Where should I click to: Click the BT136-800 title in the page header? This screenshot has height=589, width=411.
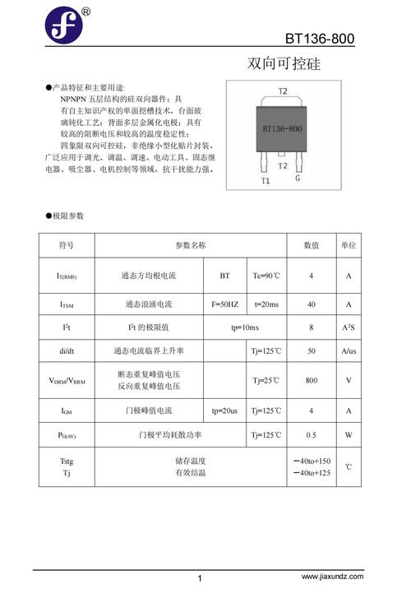pyautogui.click(x=320, y=39)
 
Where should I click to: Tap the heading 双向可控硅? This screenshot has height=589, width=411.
pyautogui.click(x=284, y=64)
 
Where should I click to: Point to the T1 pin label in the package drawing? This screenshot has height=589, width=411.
pyautogui.click(x=266, y=179)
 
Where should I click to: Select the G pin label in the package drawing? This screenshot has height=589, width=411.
pyautogui.click(x=298, y=178)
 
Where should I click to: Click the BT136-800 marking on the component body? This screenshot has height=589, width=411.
pyautogui.click(x=282, y=129)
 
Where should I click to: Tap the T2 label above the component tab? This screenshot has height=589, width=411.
pyautogui.click(x=283, y=90)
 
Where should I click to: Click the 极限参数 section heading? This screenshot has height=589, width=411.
pyautogui.click(x=68, y=216)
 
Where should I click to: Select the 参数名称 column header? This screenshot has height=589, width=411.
pyautogui.click(x=191, y=245)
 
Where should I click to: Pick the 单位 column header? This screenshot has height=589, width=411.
pyautogui.click(x=349, y=245)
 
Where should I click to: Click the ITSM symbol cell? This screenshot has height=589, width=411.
pyautogui.click(x=67, y=304)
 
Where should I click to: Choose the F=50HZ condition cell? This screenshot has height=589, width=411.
pyautogui.click(x=224, y=304)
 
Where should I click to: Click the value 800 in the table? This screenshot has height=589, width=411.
pyautogui.click(x=312, y=380)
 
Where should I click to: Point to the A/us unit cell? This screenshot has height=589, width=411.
pyautogui.click(x=349, y=351)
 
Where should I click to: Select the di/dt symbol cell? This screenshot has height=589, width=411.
pyautogui.click(x=67, y=351)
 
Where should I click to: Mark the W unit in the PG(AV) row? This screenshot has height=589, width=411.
pyautogui.click(x=349, y=434)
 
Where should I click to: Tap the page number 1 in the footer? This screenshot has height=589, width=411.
pyautogui.click(x=200, y=578)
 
